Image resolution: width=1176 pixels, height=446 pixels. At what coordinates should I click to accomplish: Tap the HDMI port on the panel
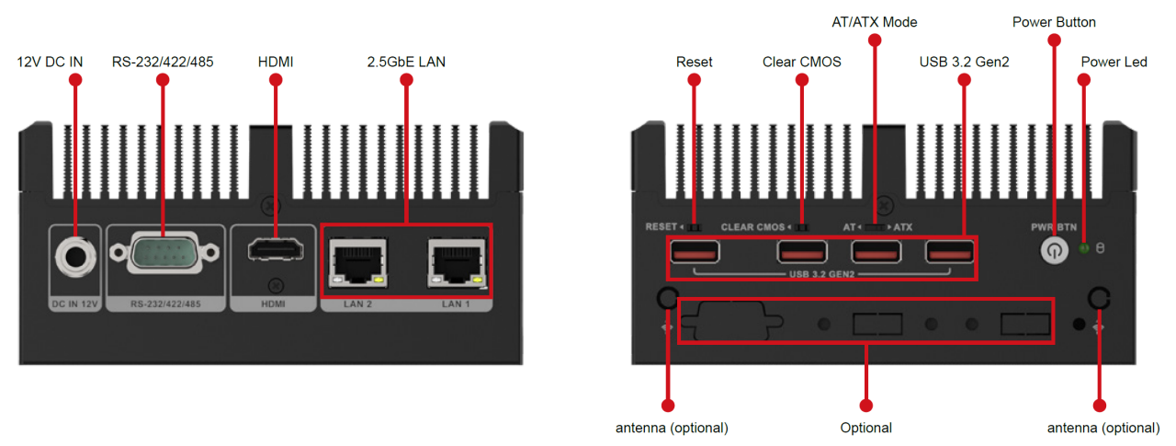tap(274, 250)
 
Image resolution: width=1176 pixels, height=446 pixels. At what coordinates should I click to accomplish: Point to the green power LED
tap(1084, 249)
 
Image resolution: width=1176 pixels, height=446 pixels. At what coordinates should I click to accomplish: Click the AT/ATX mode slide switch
tap(877, 226)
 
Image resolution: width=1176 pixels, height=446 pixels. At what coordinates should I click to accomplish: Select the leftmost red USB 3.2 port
tap(695, 251)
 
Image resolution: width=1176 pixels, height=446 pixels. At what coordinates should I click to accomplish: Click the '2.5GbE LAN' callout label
tap(406, 62)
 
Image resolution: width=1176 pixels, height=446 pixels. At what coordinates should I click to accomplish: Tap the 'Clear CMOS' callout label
tap(801, 62)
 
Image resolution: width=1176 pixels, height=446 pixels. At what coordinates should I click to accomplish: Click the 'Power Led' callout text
tap(1114, 62)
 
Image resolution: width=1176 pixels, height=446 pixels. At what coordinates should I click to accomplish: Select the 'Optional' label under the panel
tap(866, 428)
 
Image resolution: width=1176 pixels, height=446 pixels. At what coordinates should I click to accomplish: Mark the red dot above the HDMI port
tap(275, 80)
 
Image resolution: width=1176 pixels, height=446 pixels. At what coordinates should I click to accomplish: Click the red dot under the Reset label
tap(695, 80)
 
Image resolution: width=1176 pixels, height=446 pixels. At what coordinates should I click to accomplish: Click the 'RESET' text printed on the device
tap(660, 226)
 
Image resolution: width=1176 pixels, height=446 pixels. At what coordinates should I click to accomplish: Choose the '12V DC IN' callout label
tap(51, 62)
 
